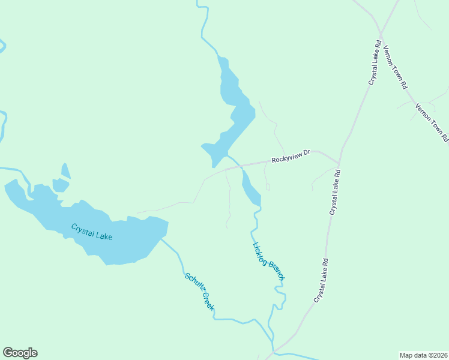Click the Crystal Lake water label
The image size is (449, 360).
91,232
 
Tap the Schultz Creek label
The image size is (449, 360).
199,292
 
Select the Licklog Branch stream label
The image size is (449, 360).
268,261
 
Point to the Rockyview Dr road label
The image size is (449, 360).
290,157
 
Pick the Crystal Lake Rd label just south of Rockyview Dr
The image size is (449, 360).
335,192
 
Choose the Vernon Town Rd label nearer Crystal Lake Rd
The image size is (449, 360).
396,67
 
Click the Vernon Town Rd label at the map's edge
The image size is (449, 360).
432,122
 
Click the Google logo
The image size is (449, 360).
20,353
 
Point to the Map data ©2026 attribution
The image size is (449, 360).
423,355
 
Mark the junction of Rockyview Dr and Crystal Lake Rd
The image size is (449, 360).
339,164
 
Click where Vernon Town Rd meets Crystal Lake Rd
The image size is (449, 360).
381,33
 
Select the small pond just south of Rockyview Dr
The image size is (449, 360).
250,189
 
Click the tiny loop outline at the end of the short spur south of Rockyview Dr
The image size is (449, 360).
268,187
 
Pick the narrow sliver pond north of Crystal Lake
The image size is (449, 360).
65,171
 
